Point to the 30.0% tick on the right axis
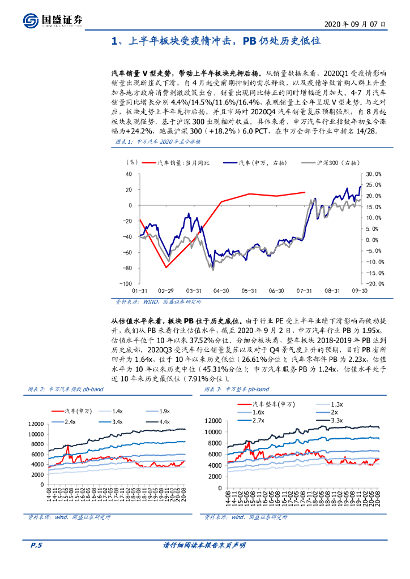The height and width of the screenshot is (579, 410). pos(375,174)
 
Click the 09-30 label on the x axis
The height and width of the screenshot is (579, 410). pos(360,291)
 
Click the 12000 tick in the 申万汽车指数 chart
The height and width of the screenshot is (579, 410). pos(35,424)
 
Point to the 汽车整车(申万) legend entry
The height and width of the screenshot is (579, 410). pos(264,404)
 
